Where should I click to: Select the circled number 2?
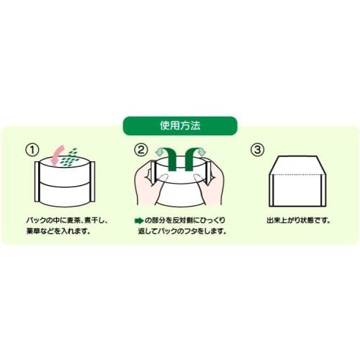point(141,150)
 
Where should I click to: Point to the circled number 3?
point(256,150)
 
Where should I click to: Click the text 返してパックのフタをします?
point(181,232)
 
